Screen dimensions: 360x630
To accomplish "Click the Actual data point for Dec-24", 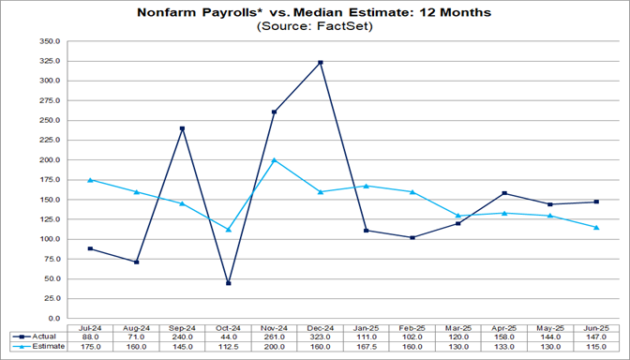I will point(321,63).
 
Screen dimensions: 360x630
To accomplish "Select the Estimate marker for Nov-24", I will point(275,159).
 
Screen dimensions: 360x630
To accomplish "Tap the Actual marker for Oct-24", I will point(229,283).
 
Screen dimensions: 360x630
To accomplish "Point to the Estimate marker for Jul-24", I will point(91,179).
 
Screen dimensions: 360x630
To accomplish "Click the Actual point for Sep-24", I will point(183,128).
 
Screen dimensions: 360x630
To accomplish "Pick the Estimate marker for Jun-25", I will point(596,227).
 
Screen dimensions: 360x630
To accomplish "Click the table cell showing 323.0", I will point(321,335).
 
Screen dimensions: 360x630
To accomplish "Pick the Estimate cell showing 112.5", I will point(229,346).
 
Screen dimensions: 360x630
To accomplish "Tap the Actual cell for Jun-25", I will point(596,335).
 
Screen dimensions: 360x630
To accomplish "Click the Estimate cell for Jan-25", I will point(367,346).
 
